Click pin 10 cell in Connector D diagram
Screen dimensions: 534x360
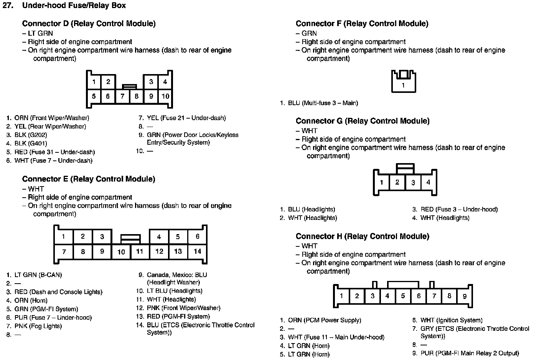click(165, 96)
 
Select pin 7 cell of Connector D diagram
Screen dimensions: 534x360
click(122, 96)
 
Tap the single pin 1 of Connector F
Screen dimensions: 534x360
click(403, 85)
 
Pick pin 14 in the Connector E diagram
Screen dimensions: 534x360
click(197, 251)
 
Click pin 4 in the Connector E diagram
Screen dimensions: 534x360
click(159, 237)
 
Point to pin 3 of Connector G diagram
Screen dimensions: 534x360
click(413, 183)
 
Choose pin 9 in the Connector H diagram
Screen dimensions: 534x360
click(465, 296)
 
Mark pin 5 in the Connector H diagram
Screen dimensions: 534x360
click(403, 296)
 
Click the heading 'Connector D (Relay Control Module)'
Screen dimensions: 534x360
click(89, 23)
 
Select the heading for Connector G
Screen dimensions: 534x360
click(363, 121)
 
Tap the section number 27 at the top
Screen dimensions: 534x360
click(8, 5)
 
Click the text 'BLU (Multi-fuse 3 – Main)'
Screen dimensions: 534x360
click(323, 103)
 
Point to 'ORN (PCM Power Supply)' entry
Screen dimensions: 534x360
click(325, 320)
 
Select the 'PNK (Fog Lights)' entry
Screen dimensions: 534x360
click(38, 326)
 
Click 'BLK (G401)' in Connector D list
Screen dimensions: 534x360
click(31, 144)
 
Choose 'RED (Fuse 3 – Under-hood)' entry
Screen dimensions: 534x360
click(459, 210)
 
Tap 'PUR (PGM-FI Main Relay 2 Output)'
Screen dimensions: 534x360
click(470, 353)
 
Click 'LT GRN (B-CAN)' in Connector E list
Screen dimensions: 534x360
click(38, 275)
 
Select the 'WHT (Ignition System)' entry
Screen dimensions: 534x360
click(451, 320)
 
